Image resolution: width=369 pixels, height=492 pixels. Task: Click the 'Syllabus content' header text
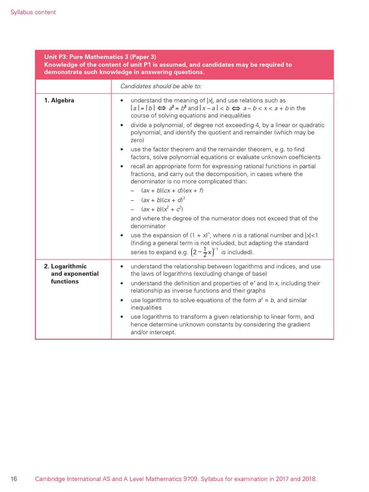click(33, 12)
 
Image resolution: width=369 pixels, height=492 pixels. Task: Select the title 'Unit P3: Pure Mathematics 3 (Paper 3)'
click(100, 57)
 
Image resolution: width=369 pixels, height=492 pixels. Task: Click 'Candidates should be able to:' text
click(161, 86)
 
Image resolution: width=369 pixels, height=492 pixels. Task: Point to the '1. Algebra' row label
click(60, 100)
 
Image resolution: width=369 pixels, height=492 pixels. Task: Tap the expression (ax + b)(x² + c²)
click(162, 209)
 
